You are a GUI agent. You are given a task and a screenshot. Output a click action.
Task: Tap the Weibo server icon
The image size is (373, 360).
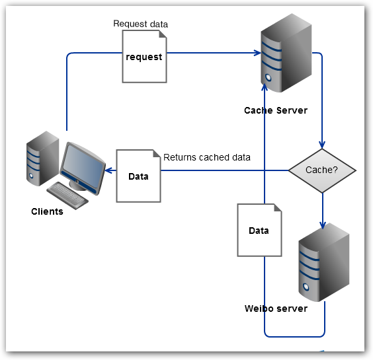tap(323, 262)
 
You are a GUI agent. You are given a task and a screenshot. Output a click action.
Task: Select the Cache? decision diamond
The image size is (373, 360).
tap(322, 170)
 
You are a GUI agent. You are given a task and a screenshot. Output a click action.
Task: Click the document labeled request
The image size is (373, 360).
tap(144, 57)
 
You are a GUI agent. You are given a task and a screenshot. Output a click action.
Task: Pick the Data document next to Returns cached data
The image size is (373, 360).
tap(139, 176)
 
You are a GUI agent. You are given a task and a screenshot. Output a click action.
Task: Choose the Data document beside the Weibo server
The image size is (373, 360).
tap(259, 230)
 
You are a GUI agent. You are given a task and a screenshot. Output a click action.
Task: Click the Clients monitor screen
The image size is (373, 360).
tap(81, 162)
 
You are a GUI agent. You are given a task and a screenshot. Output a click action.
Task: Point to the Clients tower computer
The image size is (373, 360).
tap(41, 158)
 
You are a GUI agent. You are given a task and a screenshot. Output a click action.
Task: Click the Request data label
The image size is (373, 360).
tap(140, 24)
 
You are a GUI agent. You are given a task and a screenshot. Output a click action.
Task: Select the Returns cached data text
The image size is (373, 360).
tap(206, 157)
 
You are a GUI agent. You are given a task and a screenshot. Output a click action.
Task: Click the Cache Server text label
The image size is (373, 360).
tap(275, 110)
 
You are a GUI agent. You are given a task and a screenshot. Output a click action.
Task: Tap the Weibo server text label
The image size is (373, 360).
tap(276, 308)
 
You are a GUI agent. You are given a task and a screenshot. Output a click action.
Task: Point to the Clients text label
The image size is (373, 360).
tap(47, 211)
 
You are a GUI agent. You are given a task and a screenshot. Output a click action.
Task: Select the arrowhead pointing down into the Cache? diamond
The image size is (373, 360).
tap(322, 146)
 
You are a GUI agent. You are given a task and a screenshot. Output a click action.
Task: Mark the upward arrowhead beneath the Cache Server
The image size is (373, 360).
tap(265, 87)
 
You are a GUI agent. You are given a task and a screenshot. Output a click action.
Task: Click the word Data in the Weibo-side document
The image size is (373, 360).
tap(259, 231)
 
